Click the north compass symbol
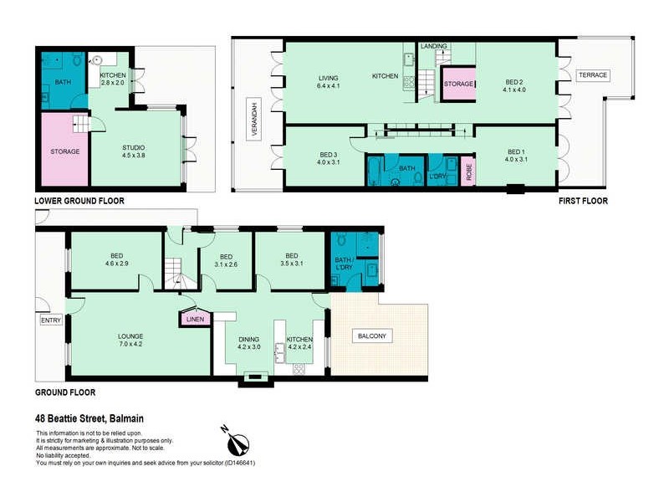(x=235, y=439)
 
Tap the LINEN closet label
(x=196, y=319)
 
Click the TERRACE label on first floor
(x=593, y=75)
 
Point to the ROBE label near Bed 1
(x=468, y=171)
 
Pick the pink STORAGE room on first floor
(x=458, y=85)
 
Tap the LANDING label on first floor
(x=434, y=46)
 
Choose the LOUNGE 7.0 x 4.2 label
(x=130, y=341)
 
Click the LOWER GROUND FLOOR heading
(x=79, y=202)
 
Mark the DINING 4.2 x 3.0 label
(x=250, y=342)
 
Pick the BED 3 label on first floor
(x=304, y=158)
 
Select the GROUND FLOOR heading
(x=64, y=392)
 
